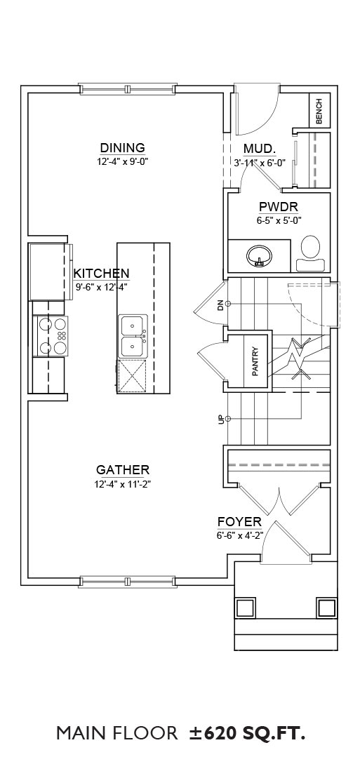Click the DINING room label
[x=122, y=147]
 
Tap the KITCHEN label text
[x=101, y=273]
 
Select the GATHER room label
[x=122, y=470]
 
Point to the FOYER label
[x=239, y=523]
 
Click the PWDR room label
[x=279, y=206]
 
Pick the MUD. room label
[x=260, y=148]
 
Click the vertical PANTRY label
[x=255, y=361]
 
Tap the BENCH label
[x=319, y=112]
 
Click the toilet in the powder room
[x=310, y=253]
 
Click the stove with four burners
[x=51, y=335]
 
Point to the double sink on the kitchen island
[x=133, y=335]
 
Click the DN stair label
[x=220, y=305]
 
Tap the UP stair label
[x=220, y=419]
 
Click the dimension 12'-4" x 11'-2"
[x=122, y=484]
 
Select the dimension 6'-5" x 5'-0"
[x=279, y=220]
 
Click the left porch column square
[x=246, y=607]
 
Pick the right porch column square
[x=326, y=607]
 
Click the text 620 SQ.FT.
[x=254, y=732]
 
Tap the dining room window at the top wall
[x=128, y=89]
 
